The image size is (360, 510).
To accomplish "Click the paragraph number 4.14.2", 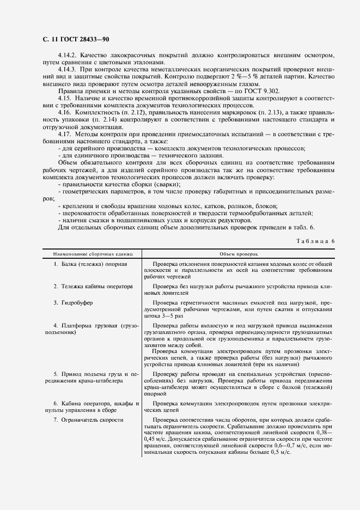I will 68,56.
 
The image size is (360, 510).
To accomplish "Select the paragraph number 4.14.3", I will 68,70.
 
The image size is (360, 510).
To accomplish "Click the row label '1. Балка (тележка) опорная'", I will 90,264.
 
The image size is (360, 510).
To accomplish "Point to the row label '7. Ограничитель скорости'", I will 88,420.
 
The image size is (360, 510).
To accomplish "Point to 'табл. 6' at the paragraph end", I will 313,227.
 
